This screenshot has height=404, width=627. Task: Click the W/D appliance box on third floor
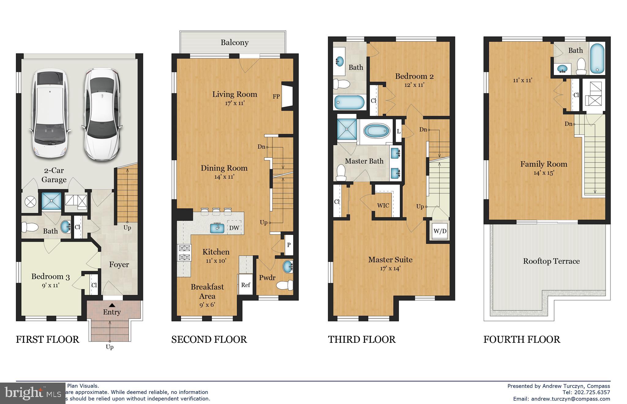point(440,231)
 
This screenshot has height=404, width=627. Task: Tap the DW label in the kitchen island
point(234,228)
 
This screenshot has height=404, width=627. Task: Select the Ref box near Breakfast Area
point(246,285)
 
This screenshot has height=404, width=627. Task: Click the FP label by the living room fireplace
point(276,96)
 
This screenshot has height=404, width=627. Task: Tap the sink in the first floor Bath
point(66,227)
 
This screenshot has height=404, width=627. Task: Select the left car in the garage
point(49,113)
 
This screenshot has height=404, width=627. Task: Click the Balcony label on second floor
point(235,43)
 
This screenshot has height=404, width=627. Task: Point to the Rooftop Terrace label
point(551,261)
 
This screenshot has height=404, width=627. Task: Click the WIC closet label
point(383,206)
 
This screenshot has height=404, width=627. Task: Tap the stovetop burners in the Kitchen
point(184,253)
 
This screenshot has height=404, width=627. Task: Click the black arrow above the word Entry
point(112,305)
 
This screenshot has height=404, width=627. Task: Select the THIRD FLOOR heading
point(362,339)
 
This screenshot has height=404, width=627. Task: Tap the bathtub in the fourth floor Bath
point(597,59)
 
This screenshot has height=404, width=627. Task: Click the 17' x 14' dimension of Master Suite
point(390,269)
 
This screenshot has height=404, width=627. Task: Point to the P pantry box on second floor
point(288,245)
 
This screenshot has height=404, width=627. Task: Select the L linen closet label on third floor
point(398,131)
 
